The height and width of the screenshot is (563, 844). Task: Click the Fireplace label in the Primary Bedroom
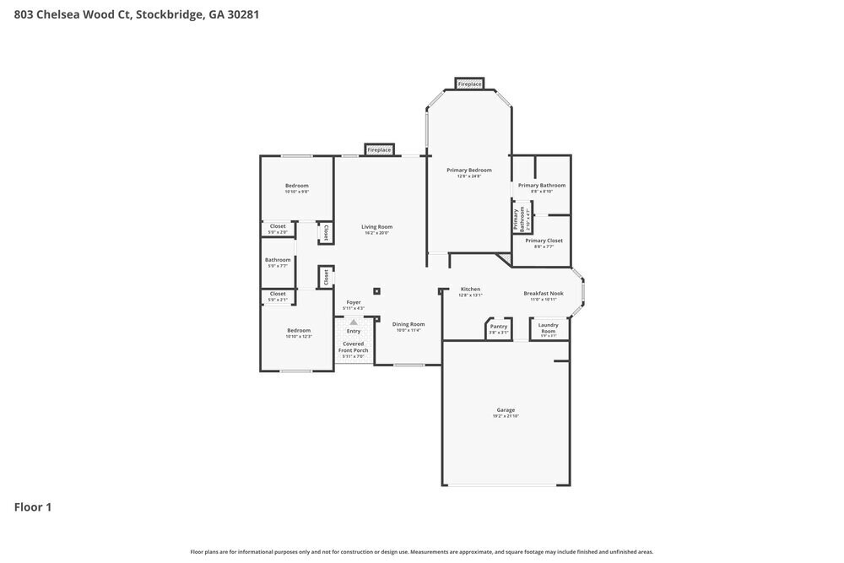[x=469, y=84]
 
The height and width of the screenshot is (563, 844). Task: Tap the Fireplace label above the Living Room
[x=379, y=150]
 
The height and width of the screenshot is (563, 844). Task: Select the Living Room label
[x=376, y=226]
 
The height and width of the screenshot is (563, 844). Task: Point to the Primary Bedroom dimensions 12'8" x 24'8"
[x=468, y=176]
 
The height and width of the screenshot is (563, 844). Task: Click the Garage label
[x=506, y=410]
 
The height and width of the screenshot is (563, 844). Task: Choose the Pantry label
[x=499, y=326]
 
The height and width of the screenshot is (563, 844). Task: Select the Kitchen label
[x=470, y=290]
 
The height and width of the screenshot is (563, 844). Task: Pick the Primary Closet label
[x=544, y=241]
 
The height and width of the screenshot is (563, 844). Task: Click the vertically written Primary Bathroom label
[x=517, y=219]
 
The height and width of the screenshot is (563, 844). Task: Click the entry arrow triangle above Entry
[x=354, y=322]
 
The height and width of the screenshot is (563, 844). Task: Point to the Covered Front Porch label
[x=354, y=347]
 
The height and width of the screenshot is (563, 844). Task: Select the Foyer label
[x=354, y=302]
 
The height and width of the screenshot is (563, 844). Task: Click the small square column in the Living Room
[x=376, y=292]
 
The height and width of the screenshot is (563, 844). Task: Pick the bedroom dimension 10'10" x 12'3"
[x=299, y=337]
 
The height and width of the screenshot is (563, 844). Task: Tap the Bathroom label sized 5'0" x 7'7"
[x=278, y=260]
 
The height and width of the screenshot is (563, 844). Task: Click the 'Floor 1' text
[x=33, y=507]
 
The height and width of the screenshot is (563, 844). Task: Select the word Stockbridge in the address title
[x=168, y=14]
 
